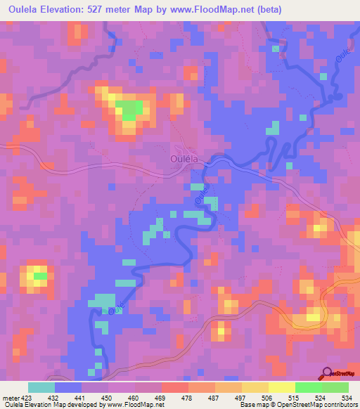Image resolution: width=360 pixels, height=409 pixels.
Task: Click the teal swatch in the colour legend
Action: click(x=41, y=387)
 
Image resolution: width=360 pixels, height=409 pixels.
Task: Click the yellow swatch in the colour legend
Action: click(x=281, y=387)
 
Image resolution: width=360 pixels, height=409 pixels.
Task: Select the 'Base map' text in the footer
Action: click(x=250, y=405)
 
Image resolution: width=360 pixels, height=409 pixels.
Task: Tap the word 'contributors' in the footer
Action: click(x=340, y=405)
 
